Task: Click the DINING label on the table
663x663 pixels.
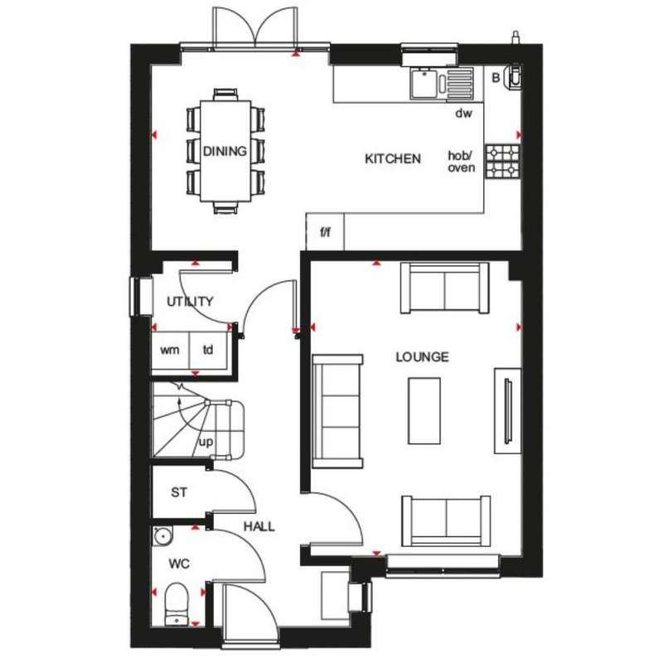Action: pyautogui.click(x=225, y=151)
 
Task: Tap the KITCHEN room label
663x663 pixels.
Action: pyautogui.click(x=393, y=159)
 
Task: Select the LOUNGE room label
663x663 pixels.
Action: pyautogui.click(x=422, y=357)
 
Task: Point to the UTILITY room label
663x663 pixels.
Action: pyautogui.click(x=190, y=302)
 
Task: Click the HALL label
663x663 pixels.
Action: pyautogui.click(x=259, y=526)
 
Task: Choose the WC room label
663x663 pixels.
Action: pyautogui.click(x=179, y=564)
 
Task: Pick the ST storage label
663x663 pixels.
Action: pyautogui.click(x=179, y=492)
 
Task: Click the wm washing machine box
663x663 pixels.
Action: pyautogui.click(x=171, y=350)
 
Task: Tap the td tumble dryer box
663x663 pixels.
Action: pyautogui.click(x=209, y=350)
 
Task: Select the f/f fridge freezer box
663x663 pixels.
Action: pyautogui.click(x=325, y=232)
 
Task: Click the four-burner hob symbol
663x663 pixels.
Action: pyautogui.click(x=502, y=161)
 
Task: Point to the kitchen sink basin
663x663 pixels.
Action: pyautogui.click(x=423, y=84)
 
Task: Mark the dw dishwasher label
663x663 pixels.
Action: pyautogui.click(x=463, y=114)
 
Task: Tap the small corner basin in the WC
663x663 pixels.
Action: pyautogui.click(x=162, y=535)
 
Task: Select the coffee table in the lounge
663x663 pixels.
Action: pyautogui.click(x=424, y=411)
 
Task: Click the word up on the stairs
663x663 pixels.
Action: pyautogui.click(x=206, y=443)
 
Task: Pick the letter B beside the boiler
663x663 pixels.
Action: pyautogui.click(x=496, y=78)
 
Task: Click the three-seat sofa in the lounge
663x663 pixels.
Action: pyautogui.click(x=337, y=411)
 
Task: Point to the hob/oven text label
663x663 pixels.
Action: pyautogui.click(x=462, y=162)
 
